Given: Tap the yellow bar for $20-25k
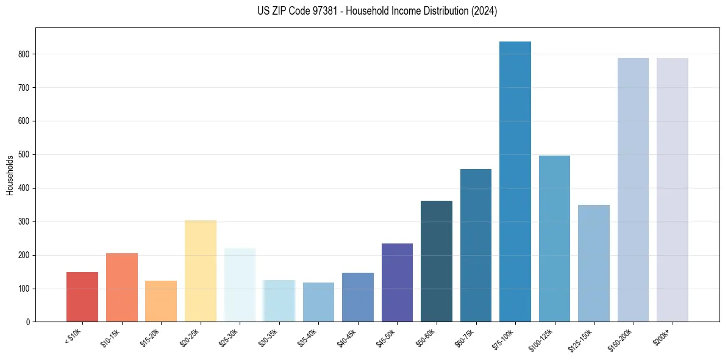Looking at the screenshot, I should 201,271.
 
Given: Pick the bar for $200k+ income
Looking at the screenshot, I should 672,190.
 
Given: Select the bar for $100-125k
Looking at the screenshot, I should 554,239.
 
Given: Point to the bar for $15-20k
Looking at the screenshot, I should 161,301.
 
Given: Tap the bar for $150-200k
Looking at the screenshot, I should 633,190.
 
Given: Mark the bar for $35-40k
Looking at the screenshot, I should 318,302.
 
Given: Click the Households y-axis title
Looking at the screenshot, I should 10,175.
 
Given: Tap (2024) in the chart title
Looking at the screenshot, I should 485,11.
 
